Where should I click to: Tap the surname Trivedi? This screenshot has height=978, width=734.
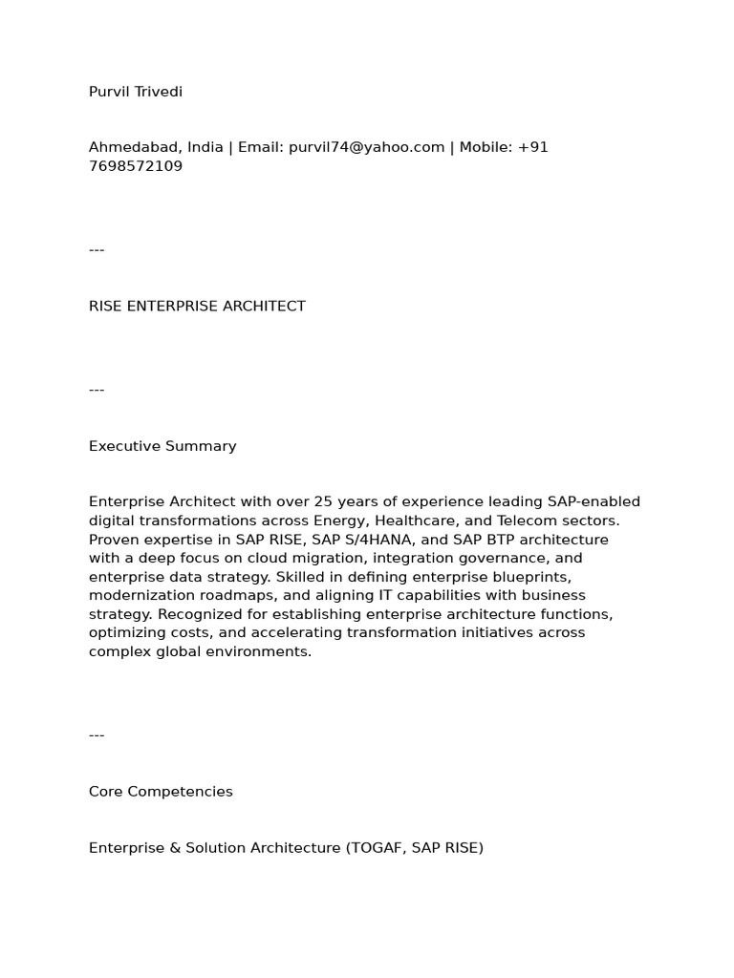[x=159, y=92]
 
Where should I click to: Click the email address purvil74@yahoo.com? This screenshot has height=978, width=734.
[x=367, y=147]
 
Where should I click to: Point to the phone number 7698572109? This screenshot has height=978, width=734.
[x=136, y=166]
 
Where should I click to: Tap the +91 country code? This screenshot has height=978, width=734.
[x=533, y=147]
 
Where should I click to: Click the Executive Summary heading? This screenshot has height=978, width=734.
[x=162, y=446]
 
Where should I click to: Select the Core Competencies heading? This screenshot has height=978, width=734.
[x=161, y=792]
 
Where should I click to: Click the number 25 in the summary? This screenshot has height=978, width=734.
[x=323, y=502]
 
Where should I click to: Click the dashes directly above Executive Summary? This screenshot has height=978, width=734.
[x=97, y=390]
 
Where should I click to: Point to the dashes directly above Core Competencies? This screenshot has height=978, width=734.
[x=97, y=735]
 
